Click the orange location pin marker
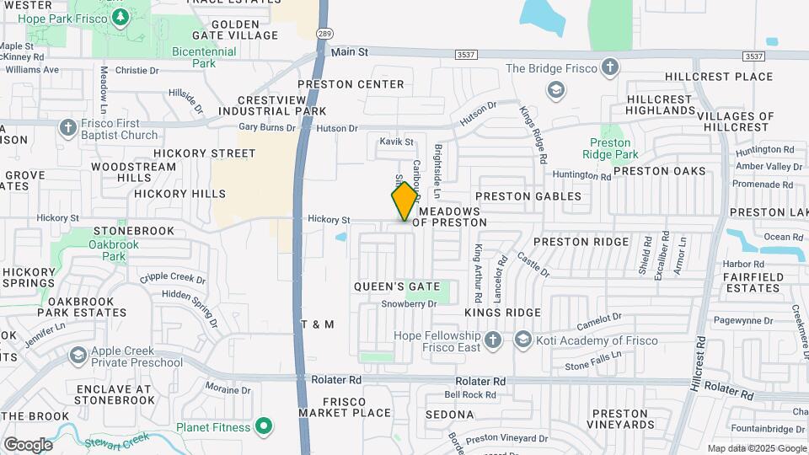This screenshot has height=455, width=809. pyautogui.click(x=404, y=201)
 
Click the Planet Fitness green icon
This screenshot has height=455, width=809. pyautogui.click(x=265, y=427)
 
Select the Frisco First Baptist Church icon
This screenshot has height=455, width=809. pyautogui.click(x=68, y=127)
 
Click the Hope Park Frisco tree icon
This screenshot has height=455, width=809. pyautogui.click(x=121, y=16)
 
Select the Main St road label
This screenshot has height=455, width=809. pyautogui.click(x=350, y=52)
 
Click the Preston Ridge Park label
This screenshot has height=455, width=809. pyautogui.click(x=610, y=148)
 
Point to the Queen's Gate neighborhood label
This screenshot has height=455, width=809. pyautogui.click(x=396, y=286)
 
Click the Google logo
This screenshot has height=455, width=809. pyautogui.click(x=28, y=445)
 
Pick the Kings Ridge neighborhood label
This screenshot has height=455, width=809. pyautogui.click(x=502, y=313)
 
